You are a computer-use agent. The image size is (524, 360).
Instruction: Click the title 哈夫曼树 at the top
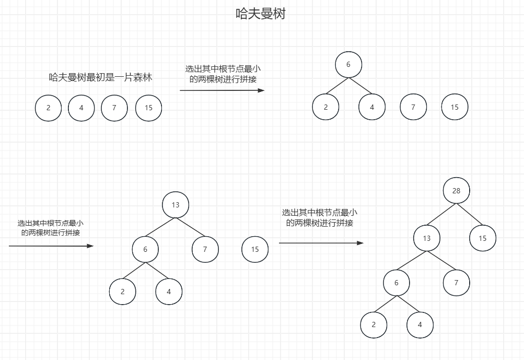pyautogui.click(x=261, y=14)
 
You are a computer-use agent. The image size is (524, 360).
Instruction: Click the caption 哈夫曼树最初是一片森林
pyautogui.click(x=100, y=77)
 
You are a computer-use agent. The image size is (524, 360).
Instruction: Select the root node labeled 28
pyautogui.click(x=456, y=191)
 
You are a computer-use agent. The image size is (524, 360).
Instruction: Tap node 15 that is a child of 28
pyautogui.click(x=482, y=238)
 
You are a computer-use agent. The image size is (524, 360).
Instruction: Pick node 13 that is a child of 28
pyautogui.click(x=427, y=238)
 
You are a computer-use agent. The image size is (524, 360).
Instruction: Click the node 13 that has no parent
pyautogui.click(x=175, y=205)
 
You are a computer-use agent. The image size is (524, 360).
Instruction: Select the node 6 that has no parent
pyautogui.click(x=348, y=64)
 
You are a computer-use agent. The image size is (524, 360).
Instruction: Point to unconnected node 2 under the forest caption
pyautogui.click(x=48, y=108)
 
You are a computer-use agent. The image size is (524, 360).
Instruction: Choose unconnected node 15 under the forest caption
pyautogui.click(x=148, y=108)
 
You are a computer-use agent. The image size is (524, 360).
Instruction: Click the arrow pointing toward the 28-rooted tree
pyautogui.click(x=321, y=243)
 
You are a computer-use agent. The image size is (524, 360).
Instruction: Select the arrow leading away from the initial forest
pyautogui.click(x=222, y=90)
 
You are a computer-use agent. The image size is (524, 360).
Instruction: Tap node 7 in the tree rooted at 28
pyautogui.click(x=456, y=283)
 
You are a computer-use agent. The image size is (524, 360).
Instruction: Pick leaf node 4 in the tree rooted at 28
pyautogui.click(x=420, y=324)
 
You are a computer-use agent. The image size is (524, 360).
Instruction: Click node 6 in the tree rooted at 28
pyautogui.click(x=396, y=283)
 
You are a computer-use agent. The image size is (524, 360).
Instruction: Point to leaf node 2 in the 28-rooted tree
pyautogui.click(x=374, y=324)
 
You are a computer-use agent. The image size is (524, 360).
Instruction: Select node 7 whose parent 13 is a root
pyautogui.click(x=205, y=249)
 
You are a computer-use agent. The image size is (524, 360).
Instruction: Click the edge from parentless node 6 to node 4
pyautogui.click(x=360, y=86)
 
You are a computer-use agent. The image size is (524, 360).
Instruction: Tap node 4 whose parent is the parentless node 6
pyautogui.click(x=372, y=107)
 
